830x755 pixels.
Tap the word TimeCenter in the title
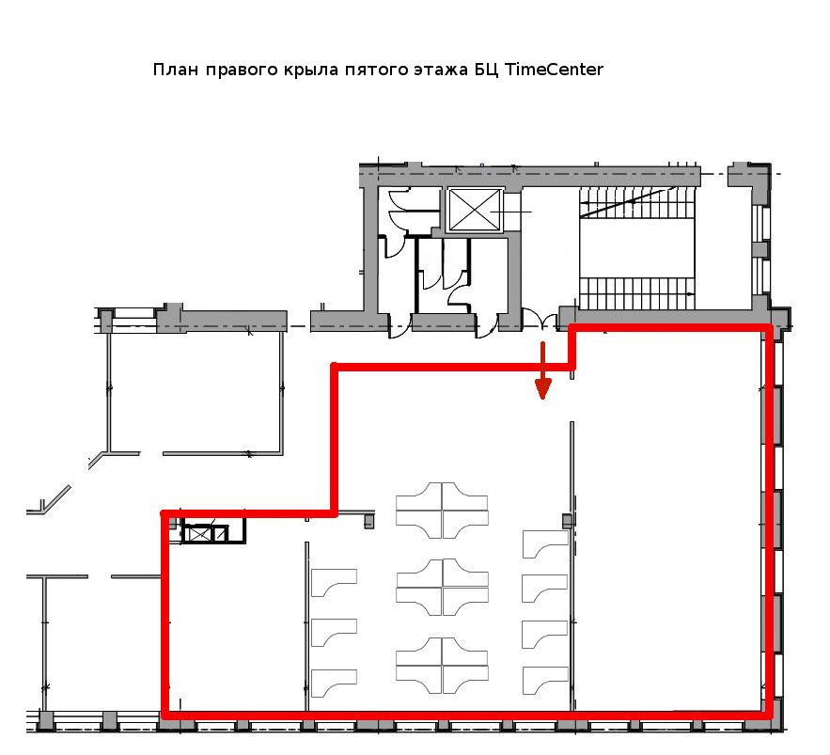click(553, 70)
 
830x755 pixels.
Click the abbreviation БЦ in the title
click(485, 70)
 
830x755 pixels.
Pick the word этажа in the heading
click(441, 70)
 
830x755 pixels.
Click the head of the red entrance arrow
click(542, 388)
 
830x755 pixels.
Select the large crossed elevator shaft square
click(475, 211)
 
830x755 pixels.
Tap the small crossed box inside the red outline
click(200, 534)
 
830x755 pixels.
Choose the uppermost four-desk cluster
click(442, 511)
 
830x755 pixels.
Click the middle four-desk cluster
click(442, 587)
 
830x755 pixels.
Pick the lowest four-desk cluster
click(442, 665)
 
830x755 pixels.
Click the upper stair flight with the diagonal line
click(635, 202)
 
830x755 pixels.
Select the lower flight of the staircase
click(636, 293)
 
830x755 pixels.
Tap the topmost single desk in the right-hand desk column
click(544, 543)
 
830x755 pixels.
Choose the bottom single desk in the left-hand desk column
click(334, 683)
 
